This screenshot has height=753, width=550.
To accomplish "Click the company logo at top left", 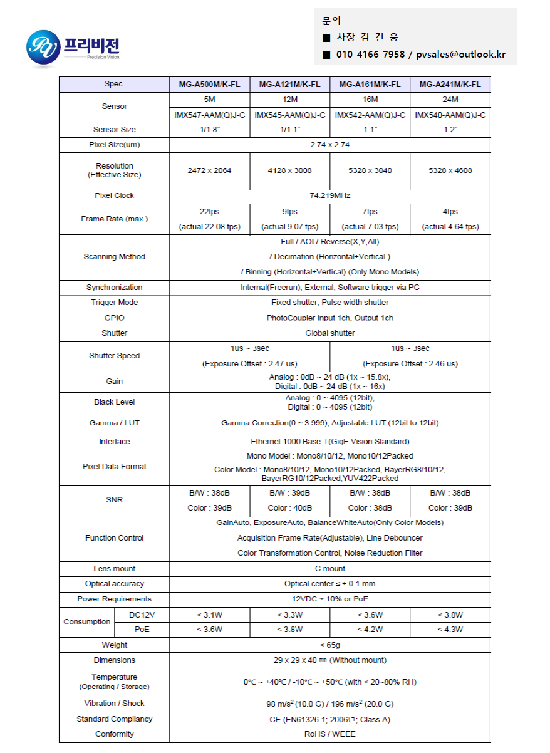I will point(73,46).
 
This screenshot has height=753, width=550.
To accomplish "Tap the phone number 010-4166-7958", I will point(370,55).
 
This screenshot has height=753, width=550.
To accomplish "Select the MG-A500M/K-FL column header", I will point(209,85).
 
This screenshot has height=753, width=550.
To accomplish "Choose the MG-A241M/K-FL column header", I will point(450,85).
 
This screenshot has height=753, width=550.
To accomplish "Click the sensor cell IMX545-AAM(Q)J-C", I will point(289,115).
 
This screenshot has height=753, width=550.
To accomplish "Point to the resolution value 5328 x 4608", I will point(450,170).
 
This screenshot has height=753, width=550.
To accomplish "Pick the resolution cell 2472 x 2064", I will point(209,170).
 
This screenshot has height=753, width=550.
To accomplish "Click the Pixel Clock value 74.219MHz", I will point(329,195).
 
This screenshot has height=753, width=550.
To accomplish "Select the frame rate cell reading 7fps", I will point(370,212).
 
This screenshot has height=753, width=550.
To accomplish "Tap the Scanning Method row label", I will point(114,257).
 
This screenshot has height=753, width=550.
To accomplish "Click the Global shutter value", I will point(329,333).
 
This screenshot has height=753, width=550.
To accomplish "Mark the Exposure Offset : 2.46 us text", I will point(410,363).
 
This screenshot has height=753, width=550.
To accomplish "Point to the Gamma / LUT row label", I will point(114,423).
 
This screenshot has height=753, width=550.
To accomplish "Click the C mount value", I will point(329,569).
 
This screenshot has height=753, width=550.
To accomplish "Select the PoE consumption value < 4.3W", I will point(450,630).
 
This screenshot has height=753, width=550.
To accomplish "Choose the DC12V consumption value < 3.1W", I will point(209,615).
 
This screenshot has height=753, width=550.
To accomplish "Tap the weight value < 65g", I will point(329,645).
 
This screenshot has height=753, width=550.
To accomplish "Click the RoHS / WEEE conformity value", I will point(329,734).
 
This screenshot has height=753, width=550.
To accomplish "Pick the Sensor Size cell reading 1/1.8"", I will point(209,130).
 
